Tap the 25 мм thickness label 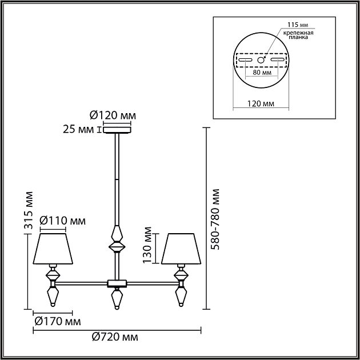pyautogui.click(x=80, y=130)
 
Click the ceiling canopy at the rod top pyautogui.click(x=117, y=130)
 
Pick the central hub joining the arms pyautogui.click(x=117, y=282)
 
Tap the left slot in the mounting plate pyautogui.click(x=246, y=60)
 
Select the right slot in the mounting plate pyautogui.click(x=277, y=60)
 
